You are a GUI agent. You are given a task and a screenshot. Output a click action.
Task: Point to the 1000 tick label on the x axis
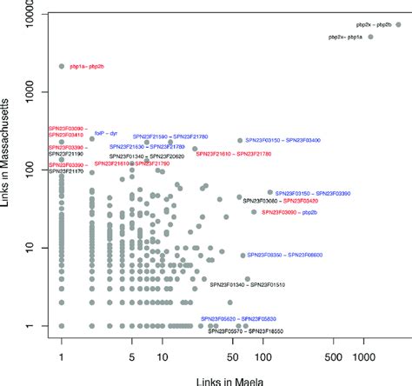pyautogui.click(x=363, y=356)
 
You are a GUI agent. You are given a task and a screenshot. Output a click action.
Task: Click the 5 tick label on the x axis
pyautogui.click(x=131, y=356)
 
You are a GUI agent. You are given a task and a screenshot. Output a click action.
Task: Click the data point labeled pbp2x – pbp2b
pyautogui.click(x=398, y=25)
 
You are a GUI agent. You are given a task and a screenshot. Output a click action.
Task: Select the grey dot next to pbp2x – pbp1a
pyautogui.click(x=370, y=37)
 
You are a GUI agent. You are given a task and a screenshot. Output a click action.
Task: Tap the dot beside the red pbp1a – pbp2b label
pyautogui.click(x=62, y=66)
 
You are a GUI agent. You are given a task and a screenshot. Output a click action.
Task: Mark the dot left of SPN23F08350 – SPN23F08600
pyautogui.click(x=243, y=256)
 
